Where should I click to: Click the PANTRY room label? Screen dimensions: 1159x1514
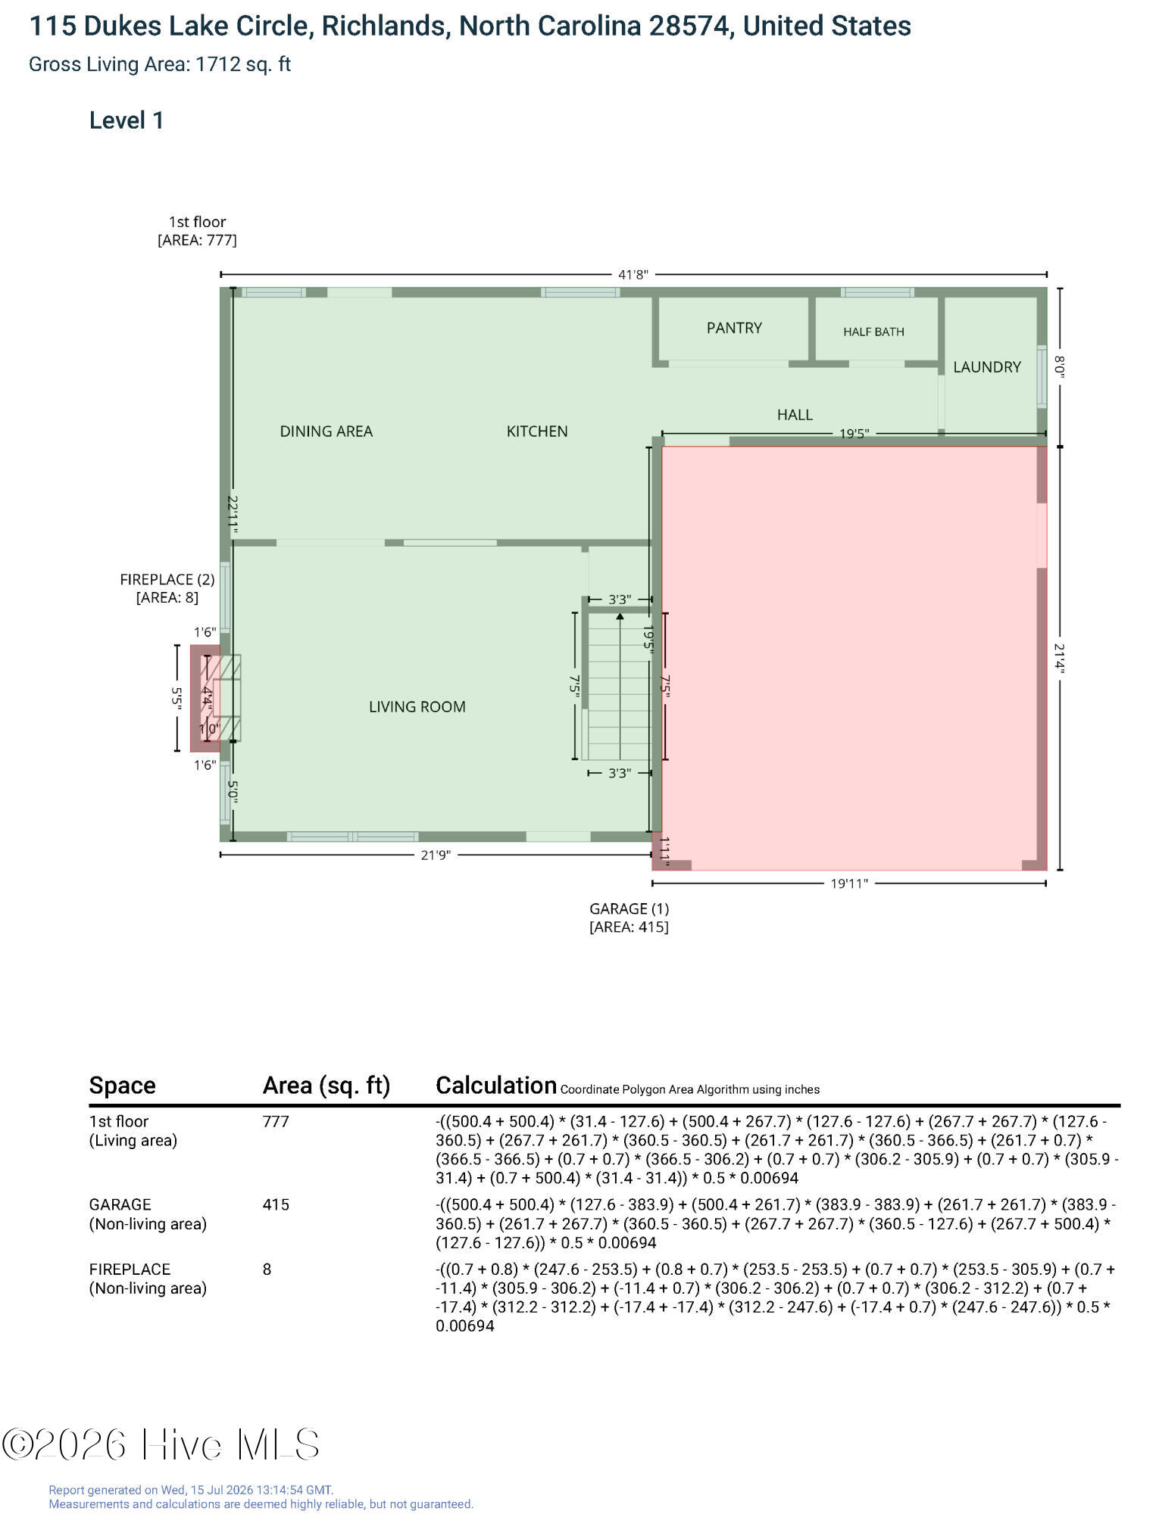tap(734, 328)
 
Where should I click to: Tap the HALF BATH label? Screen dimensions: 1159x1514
tap(873, 332)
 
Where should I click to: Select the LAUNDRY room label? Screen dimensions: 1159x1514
tap(987, 367)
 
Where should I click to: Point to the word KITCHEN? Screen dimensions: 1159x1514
tap(537, 431)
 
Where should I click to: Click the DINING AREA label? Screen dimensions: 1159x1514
tap(326, 431)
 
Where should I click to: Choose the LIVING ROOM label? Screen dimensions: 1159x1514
tap(417, 707)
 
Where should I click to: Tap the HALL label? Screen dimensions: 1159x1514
tap(795, 415)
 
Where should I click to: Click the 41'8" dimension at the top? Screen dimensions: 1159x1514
tap(633, 275)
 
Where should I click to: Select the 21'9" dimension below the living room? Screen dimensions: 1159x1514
tap(436, 855)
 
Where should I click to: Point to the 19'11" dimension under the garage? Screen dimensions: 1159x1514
tap(849, 883)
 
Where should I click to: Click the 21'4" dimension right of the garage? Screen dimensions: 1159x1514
tap(1060, 659)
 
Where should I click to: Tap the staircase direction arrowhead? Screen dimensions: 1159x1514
tap(620, 617)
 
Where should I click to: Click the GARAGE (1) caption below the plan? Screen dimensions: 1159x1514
tap(629, 909)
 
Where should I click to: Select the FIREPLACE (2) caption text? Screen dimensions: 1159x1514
tap(167, 580)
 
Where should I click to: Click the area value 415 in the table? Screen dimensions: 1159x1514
tap(276, 1204)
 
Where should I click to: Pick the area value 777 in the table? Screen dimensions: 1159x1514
tap(276, 1121)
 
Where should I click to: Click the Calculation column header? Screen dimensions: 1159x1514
tap(496, 1086)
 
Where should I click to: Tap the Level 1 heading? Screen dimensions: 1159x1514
tap(127, 120)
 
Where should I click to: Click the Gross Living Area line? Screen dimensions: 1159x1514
tap(160, 64)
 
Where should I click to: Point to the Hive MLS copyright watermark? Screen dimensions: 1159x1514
tap(161, 1444)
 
